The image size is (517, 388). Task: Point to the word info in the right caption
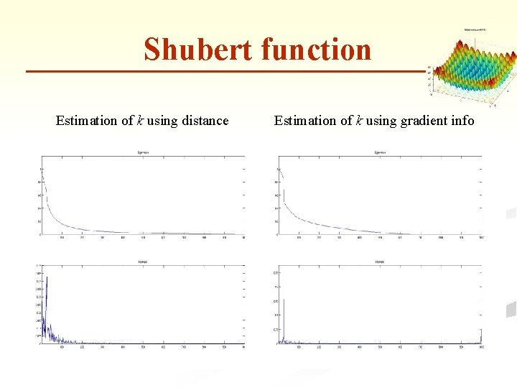click(460, 121)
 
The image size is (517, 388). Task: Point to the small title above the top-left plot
click(143, 153)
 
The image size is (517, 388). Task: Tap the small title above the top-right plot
click(380, 153)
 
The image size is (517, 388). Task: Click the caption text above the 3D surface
click(475, 29)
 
